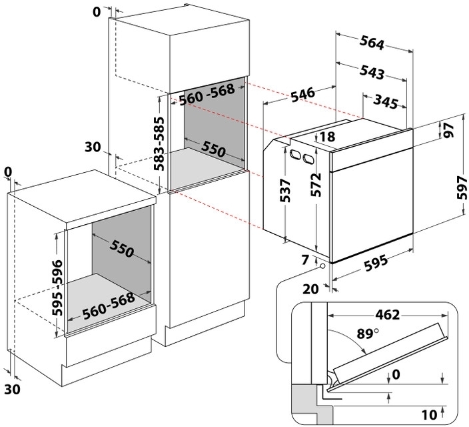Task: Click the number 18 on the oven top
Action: tap(326, 137)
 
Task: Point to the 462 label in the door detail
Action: tap(376, 314)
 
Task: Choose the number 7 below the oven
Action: tap(305, 261)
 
